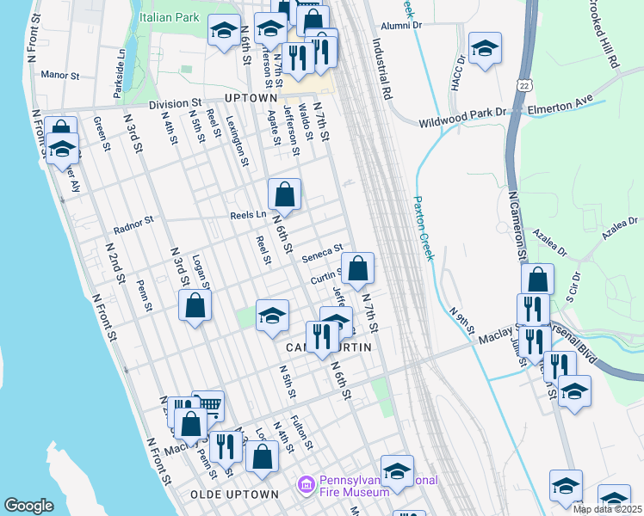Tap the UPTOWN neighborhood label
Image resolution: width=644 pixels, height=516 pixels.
point(250,98)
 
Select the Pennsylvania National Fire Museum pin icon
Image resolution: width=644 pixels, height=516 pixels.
point(305,486)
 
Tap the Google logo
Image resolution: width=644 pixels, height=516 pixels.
point(28,505)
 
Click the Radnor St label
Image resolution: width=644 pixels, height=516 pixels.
point(133,225)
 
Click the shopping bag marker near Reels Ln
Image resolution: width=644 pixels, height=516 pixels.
point(284,195)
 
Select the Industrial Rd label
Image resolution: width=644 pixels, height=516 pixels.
point(382,68)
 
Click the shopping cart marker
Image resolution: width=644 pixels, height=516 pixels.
point(207,405)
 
